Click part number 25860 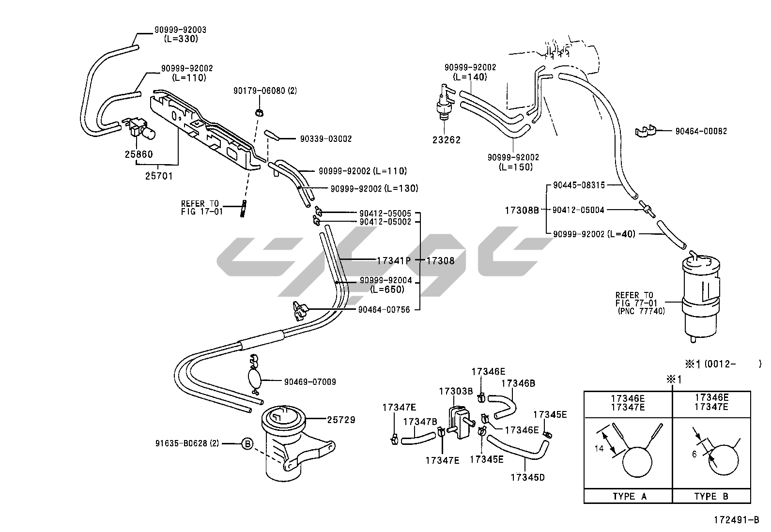click(139, 154)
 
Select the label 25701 click(159, 176)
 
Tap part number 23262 click(447, 140)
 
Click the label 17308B click(522, 210)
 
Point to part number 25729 click(340, 420)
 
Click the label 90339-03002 click(325, 139)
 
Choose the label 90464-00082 click(701, 131)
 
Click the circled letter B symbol click(247, 443)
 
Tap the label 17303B click(456, 391)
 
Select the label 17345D click(527, 477)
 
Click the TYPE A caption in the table click(629, 496)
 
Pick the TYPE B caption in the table click(711, 496)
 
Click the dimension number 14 click(599, 449)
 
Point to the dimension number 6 click(694, 455)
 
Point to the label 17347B click(420, 421)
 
